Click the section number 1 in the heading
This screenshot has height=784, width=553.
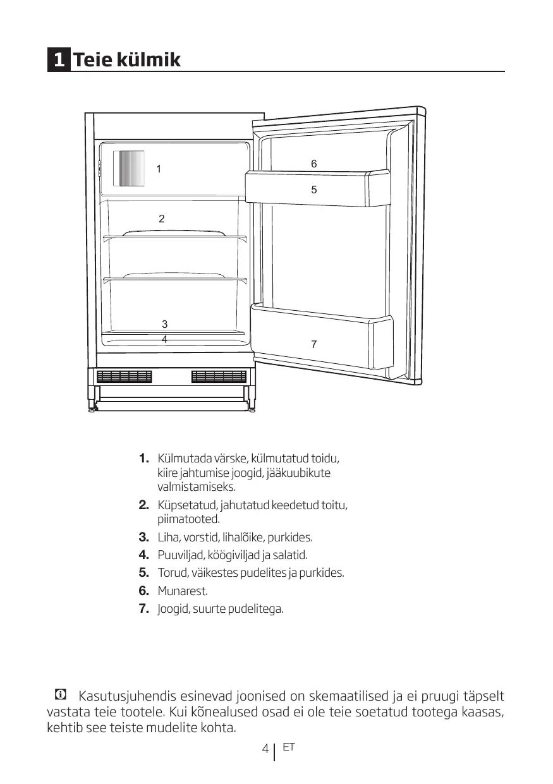(59, 60)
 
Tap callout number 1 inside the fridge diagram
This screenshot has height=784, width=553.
(159, 169)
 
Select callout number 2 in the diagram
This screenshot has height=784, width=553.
(162, 219)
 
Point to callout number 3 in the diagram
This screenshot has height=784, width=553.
(164, 324)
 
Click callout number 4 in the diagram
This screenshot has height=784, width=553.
(164, 339)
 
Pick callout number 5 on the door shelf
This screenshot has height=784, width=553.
(313, 189)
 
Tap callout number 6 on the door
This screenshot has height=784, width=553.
(313, 164)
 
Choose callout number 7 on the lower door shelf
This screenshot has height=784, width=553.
(313, 344)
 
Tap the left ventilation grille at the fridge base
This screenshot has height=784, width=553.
(125, 377)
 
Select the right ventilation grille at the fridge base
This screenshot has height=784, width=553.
(219, 377)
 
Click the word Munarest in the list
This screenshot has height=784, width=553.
(182, 591)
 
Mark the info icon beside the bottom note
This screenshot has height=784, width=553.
(60, 696)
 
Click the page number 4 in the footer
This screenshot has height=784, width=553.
(265, 750)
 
